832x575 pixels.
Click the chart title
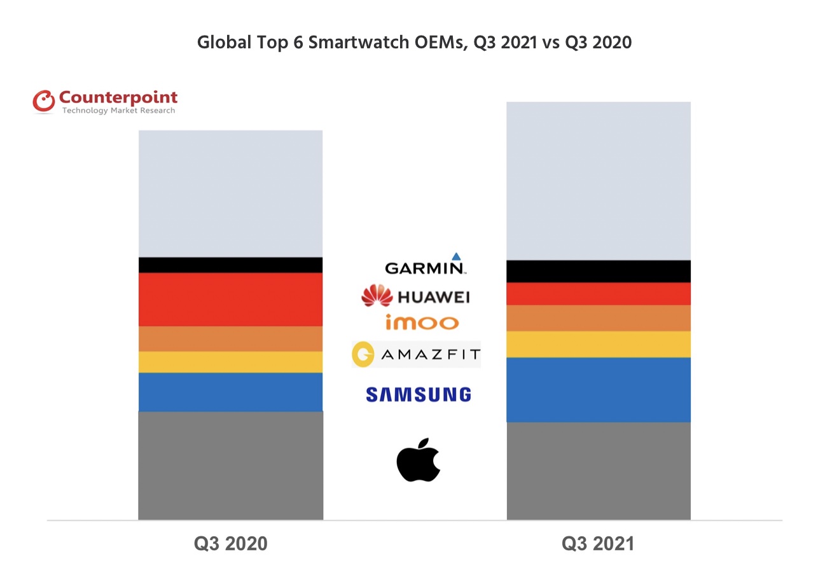[414, 42]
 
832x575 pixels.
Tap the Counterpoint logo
[105, 101]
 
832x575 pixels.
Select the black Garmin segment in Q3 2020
[231, 265]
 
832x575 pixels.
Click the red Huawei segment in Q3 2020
[231, 300]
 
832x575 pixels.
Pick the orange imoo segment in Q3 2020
[231, 339]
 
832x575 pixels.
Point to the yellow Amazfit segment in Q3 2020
[231, 363]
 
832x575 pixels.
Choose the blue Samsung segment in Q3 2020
[231, 392]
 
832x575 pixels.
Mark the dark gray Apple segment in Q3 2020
[231, 466]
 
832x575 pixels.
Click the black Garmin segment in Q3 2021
[599, 272]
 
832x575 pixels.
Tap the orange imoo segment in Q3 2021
[599, 319]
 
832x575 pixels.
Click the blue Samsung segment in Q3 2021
[599, 391]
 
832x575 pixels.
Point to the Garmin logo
[426, 264]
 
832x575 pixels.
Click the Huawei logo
[415, 296]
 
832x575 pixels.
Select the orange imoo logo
[422, 322]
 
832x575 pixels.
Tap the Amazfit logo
[417, 354]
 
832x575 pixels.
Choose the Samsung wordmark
[419, 394]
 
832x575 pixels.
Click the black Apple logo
[419, 460]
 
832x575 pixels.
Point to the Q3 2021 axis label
[598, 544]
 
